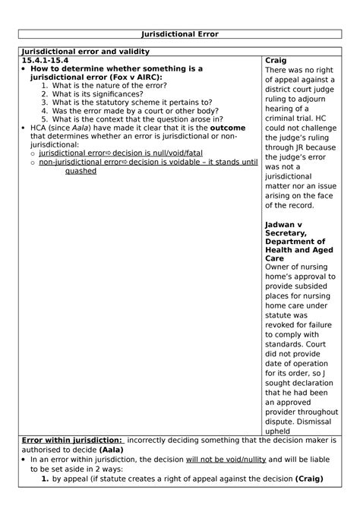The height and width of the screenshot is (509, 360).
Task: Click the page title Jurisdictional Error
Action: click(180, 33)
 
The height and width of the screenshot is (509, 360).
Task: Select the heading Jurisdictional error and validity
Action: click(86, 51)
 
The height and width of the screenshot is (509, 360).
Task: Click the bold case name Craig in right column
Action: click(276, 60)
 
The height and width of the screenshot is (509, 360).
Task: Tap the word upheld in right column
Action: click(279, 431)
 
